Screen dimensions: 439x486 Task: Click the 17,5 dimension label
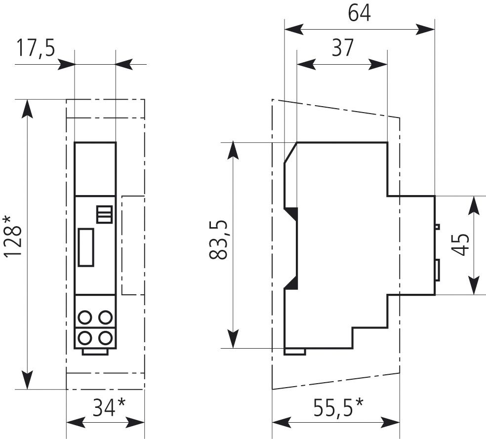[36, 49]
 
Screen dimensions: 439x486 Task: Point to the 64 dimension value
[359, 14]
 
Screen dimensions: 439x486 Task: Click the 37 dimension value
[343, 48]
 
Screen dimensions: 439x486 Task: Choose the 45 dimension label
[460, 244]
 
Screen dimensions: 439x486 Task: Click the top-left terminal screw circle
[85, 317]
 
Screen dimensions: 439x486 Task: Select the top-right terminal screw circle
[105, 317]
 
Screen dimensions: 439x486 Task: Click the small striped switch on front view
[104, 214]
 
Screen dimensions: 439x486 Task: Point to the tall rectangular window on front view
[86, 247]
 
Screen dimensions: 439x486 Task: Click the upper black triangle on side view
[291, 213]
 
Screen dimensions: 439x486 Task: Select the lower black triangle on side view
[291, 282]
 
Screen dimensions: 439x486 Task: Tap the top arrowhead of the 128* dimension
[28, 108]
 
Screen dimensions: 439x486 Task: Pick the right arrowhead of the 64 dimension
[426, 29]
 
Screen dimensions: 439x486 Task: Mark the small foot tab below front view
[95, 352]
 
